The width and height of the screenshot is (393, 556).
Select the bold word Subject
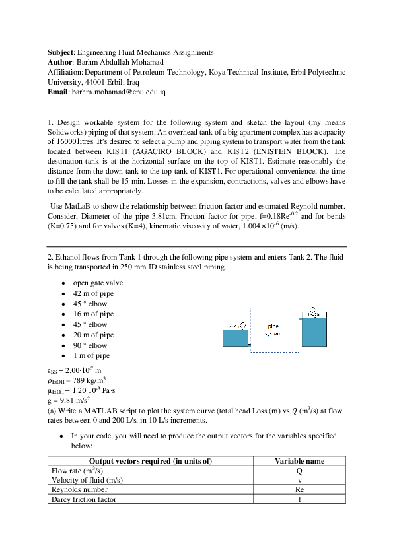(x=60, y=52)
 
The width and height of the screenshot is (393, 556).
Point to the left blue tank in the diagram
(x=235, y=338)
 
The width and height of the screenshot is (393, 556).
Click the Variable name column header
(x=299, y=461)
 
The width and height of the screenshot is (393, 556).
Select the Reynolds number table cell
(x=79, y=489)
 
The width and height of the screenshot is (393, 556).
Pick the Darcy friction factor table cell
(x=83, y=499)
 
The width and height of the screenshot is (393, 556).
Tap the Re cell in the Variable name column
(x=299, y=489)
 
